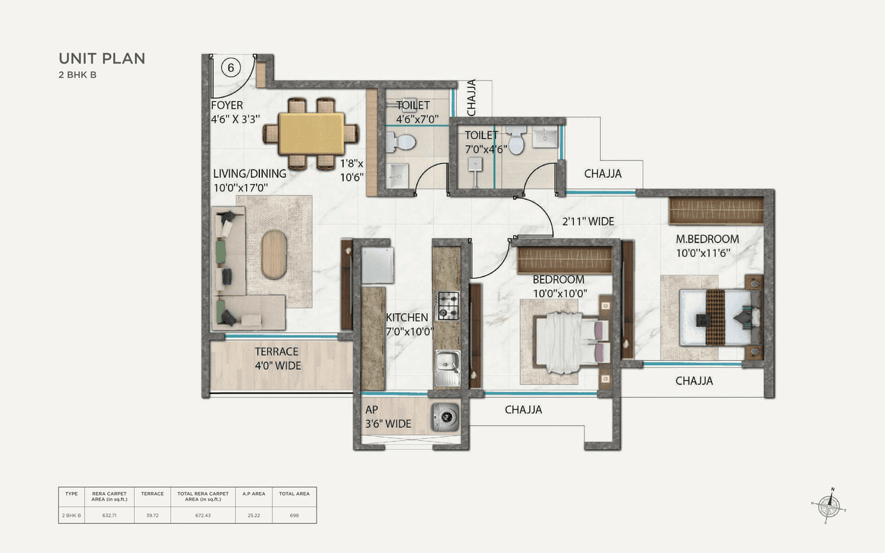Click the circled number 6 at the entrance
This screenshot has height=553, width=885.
pos(231,68)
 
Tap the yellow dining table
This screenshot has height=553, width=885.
pos(313,133)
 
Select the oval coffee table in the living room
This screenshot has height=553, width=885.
pos(275,254)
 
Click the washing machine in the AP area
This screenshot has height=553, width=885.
pos(446,417)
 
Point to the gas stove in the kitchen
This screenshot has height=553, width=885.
pos(447,306)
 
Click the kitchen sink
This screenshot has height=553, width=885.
pos(447,364)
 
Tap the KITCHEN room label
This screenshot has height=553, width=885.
pos(407,317)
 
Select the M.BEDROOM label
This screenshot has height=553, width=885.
pos(707,239)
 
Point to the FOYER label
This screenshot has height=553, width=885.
pos(227,106)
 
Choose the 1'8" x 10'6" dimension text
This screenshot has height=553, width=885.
pos(351,169)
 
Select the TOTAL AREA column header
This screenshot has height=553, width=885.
pos(294,494)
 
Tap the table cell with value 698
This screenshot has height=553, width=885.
pos(294,515)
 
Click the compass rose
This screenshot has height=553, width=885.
pos(828,507)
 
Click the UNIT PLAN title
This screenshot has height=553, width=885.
pos(102,58)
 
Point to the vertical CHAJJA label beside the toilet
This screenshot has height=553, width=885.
pos(472,97)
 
